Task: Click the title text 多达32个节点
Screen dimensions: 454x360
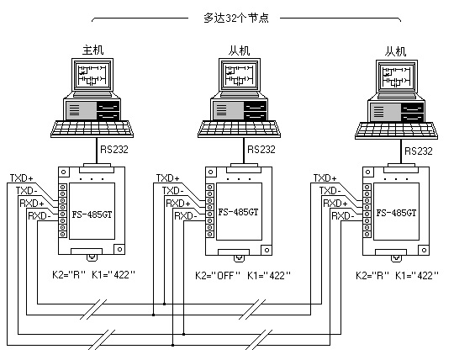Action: tap(236, 18)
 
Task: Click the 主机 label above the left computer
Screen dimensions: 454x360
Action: tap(92, 50)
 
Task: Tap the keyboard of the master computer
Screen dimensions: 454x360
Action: tap(92, 129)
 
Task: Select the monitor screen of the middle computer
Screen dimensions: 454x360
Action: tap(239, 75)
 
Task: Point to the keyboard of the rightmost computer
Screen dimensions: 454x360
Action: tap(396, 130)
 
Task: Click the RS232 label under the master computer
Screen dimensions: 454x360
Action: tap(114, 150)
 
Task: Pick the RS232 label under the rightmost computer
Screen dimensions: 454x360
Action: tap(419, 151)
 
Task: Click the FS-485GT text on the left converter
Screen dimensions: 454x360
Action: tap(92, 214)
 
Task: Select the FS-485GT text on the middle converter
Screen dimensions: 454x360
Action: tap(238, 212)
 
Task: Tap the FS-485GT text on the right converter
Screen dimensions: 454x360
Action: tap(396, 213)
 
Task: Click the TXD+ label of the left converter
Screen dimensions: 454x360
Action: tap(21, 177)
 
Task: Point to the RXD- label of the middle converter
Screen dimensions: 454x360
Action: tap(186, 216)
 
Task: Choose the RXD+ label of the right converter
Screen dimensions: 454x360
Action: tap(335, 204)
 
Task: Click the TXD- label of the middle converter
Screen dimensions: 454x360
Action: tap(172, 191)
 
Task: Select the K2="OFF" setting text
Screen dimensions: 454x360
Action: tap(218, 275)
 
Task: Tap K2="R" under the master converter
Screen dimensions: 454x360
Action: tap(69, 274)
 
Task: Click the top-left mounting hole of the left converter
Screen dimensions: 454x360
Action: tap(63, 172)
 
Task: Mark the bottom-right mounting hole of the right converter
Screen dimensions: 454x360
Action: tap(425, 250)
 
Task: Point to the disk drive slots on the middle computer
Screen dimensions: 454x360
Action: tap(255, 111)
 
